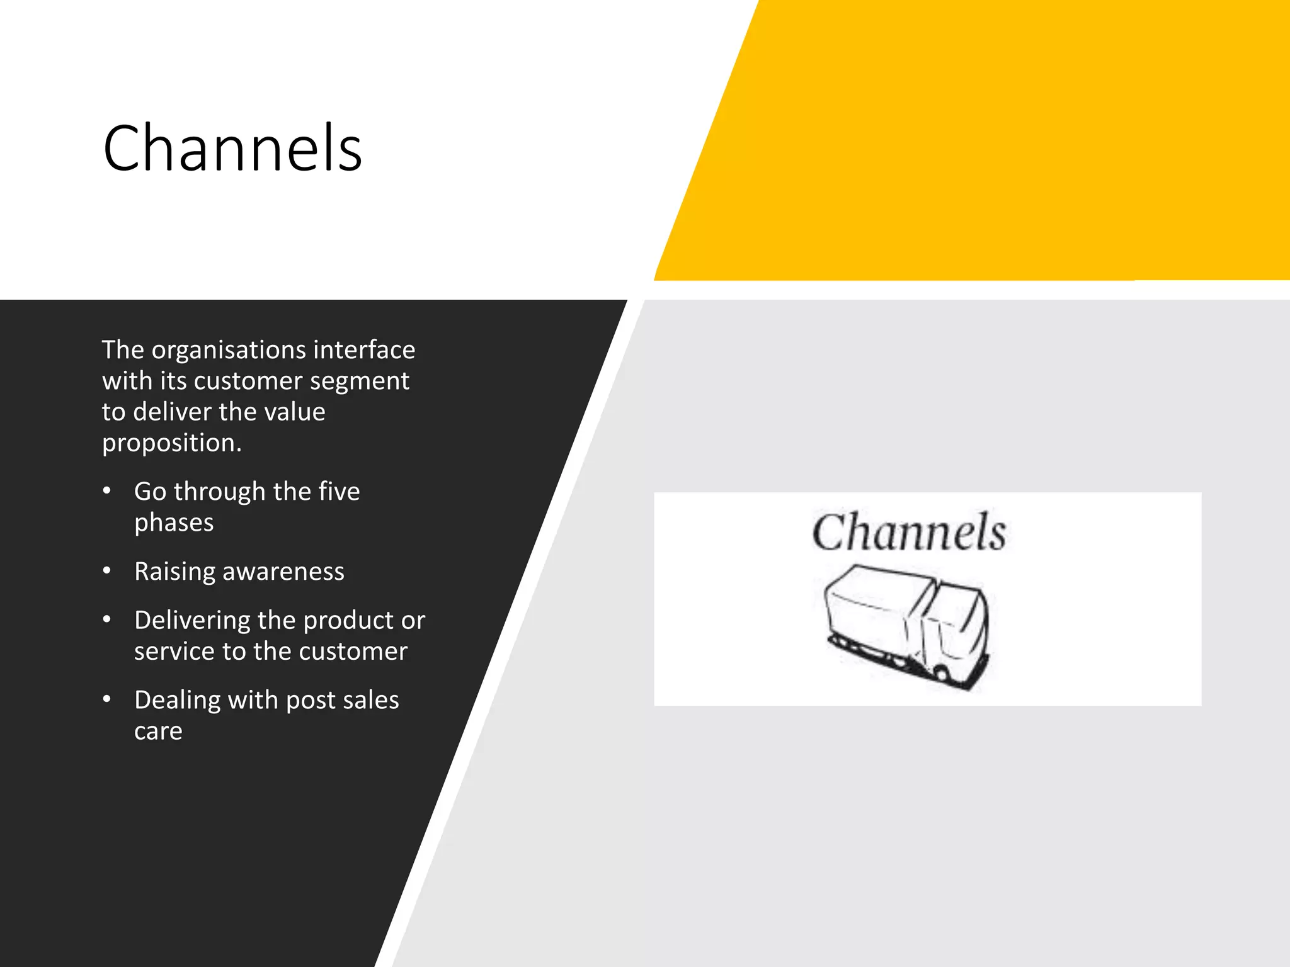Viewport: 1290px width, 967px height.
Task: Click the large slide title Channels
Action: tap(232, 149)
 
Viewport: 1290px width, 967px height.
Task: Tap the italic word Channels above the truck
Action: tap(909, 533)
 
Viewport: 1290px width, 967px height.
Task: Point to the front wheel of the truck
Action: tap(940, 673)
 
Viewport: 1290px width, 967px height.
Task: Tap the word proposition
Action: tap(171, 443)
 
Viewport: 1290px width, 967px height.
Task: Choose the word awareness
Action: tap(283, 572)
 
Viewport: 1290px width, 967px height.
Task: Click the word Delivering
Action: tap(192, 621)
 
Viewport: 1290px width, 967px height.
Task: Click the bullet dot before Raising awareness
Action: tap(107, 571)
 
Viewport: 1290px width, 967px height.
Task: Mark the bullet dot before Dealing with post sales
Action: tap(107, 699)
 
